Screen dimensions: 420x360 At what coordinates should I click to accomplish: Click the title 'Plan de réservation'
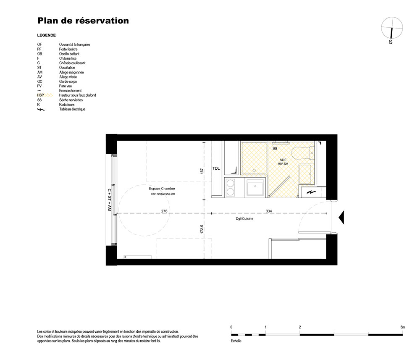tap(83, 21)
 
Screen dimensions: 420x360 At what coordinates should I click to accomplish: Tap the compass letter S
tap(391, 42)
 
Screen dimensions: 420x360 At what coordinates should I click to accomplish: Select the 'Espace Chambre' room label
tap(162, 189)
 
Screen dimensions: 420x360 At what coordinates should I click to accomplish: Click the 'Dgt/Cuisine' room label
tap(244, 218)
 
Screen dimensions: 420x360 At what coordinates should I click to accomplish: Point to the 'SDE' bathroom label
tap(283, 160)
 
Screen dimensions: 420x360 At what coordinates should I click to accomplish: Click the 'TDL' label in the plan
tap(216, 168)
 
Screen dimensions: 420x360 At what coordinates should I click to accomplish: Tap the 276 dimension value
tap(164, 211)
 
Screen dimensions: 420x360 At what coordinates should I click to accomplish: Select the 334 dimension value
tap(269, 211)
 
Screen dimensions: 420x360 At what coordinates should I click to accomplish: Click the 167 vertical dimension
tap(202, 171)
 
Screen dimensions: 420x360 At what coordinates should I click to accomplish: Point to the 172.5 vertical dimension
tap(202, 229)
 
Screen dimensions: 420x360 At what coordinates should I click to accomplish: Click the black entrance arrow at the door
tap(341, 217)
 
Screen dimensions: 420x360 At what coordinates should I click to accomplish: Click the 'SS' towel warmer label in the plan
tap(275, 148)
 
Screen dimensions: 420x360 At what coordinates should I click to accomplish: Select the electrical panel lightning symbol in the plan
tap(311, 192)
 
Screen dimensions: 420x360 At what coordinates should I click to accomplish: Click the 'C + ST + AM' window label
tap(109, 200)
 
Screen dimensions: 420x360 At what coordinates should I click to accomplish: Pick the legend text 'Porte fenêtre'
tap(68, 49)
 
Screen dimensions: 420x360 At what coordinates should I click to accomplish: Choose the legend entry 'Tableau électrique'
tap(72, 109)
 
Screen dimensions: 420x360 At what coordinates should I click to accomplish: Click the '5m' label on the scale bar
tap(403, 327)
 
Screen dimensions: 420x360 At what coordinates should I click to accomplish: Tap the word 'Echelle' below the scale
tap(236, 341)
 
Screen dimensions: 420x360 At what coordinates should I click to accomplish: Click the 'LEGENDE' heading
tap(46, 35)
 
